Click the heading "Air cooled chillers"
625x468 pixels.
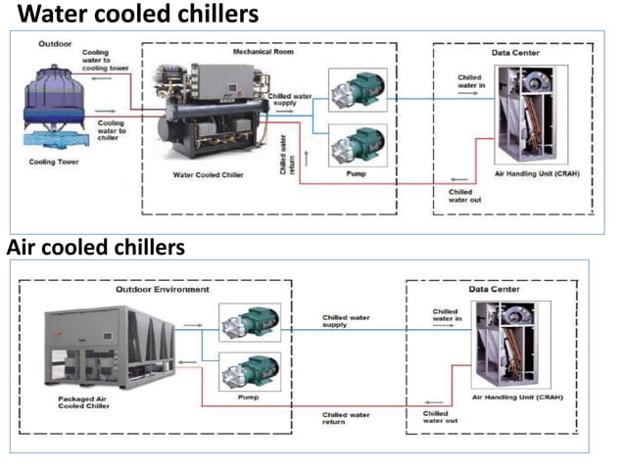tap(96, 248)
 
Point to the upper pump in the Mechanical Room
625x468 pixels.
tap(357, 90)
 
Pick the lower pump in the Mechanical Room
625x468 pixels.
tap(357, 147)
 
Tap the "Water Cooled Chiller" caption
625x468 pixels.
tap(208, 173)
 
